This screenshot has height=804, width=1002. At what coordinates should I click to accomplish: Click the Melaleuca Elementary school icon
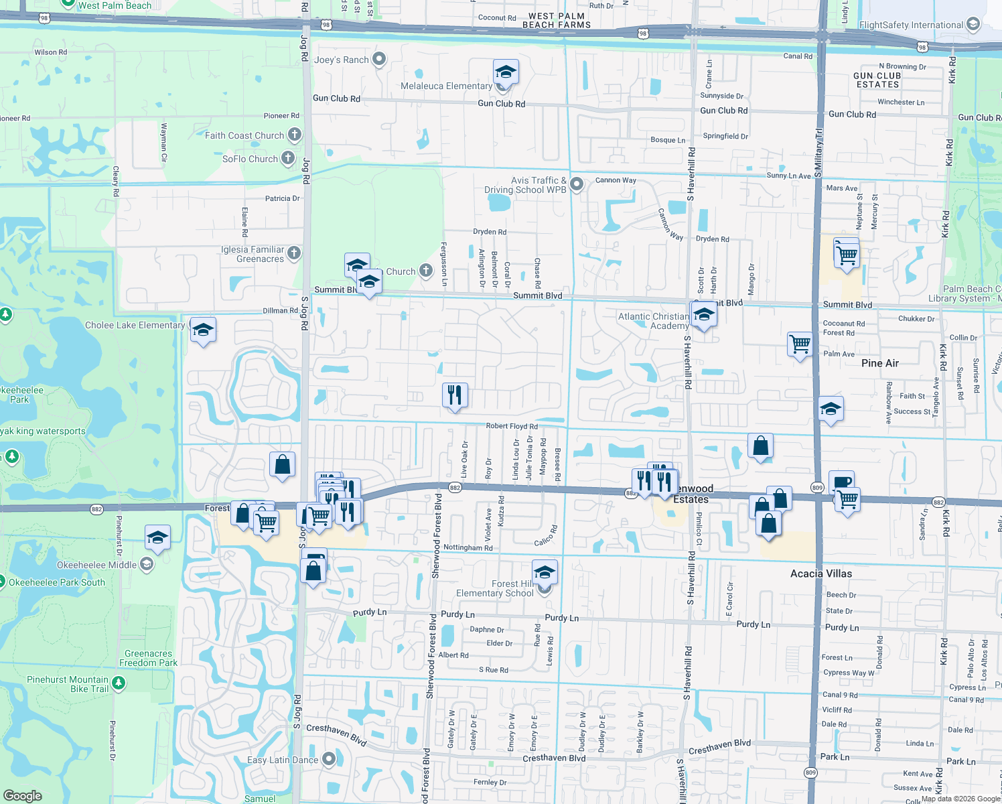(505, 72)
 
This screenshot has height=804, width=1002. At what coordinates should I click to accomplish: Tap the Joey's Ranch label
(342, 60)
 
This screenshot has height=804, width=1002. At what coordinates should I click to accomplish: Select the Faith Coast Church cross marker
(295, 135)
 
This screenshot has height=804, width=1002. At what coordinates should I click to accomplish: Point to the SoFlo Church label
(250, 159)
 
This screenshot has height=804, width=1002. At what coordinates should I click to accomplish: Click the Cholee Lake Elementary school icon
(203, 330)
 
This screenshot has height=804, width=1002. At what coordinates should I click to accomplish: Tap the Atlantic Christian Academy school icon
(703, 314)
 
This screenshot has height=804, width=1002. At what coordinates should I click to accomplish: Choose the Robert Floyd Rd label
(512, 426)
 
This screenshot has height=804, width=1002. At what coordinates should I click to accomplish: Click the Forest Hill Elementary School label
(495, 588)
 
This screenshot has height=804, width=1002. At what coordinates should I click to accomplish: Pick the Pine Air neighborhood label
(880, 363)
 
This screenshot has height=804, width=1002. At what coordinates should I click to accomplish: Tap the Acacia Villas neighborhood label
(821, 574)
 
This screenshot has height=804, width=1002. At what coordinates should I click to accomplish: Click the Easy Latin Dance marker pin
(329, 759)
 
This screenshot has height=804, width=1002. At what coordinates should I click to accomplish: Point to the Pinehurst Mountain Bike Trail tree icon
(119, 683)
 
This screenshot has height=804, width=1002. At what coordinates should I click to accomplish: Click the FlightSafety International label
(911, 25)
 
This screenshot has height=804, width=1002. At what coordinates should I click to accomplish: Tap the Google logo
(23, 795)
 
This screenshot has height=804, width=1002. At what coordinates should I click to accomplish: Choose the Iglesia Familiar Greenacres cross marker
(294, 253)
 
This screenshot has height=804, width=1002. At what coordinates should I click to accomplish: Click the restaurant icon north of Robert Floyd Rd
(455, 395)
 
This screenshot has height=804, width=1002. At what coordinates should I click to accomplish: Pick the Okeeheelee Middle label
(96, 565)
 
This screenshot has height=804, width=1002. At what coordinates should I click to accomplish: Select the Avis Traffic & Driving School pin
(577, 184)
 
